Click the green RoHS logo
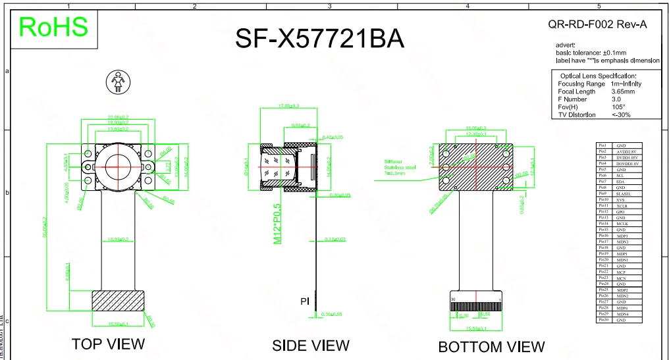[53, 27]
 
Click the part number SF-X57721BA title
[319, 39]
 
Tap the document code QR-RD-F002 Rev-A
[597, 24]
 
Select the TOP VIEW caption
[108, 344]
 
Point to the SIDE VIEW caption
[311, 345]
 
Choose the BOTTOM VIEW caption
[491, 346]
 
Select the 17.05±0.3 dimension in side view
[288, 106]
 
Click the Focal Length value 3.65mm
[623, 91]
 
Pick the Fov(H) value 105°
[618, 107]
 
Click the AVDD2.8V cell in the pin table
[628, 151]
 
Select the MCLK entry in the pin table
[622, 224]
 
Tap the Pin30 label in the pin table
[602, 320]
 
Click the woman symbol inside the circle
[119, 82]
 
